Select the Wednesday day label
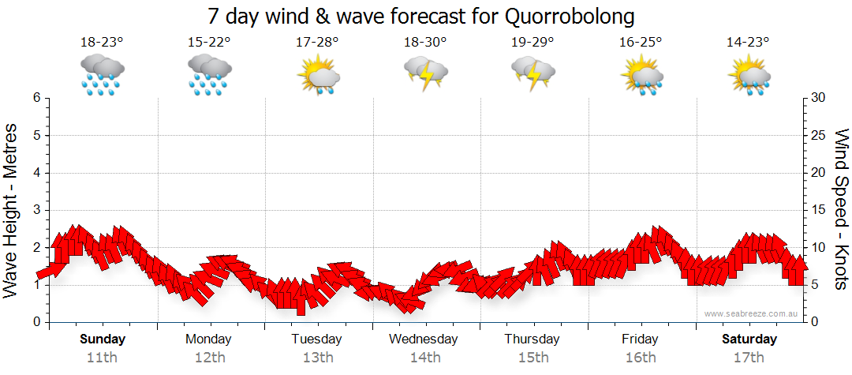(424, 339)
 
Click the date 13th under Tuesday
(316, 357)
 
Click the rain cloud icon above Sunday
(102, 75)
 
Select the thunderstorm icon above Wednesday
(425, 75)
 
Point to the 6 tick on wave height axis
(35, 98)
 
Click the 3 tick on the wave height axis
(35, 210)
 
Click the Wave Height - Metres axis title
(13, 210)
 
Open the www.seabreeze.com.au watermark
(753, 313)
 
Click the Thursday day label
(532, 339)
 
